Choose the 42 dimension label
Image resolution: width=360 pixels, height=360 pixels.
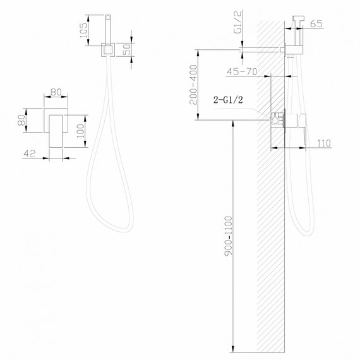(28, 152)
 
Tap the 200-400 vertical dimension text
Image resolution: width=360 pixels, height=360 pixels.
(196, 85)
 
